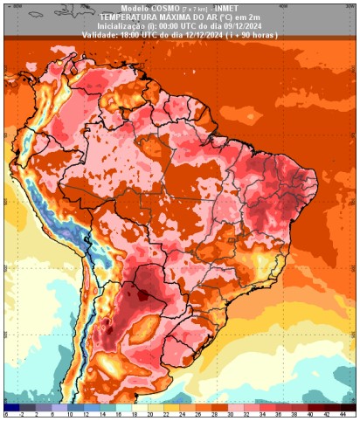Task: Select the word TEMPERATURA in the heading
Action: tap(125, 16)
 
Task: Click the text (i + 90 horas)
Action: tap(250, 34)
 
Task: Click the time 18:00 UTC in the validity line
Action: tap(131, 34)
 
